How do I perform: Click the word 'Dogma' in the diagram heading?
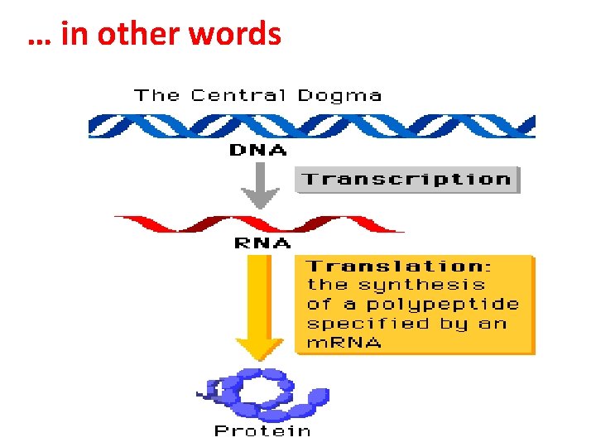point(339,95)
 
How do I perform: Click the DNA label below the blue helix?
point(257,151)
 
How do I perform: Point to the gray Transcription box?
point(406,180)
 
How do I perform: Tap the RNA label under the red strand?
point(262,243)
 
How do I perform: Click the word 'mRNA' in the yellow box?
point(344,343)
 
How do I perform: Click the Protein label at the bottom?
point(262,430)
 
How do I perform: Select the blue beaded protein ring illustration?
point(265,395)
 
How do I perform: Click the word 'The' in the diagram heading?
point(156,95)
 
